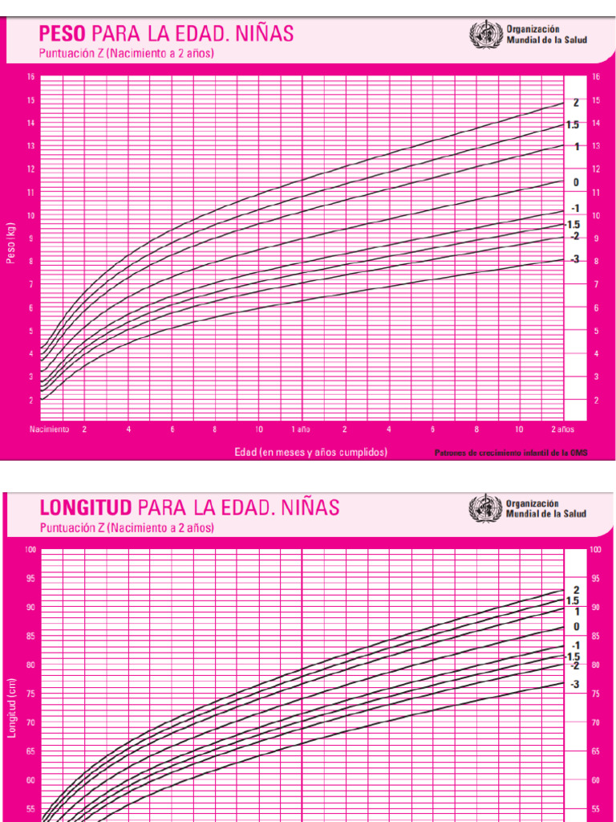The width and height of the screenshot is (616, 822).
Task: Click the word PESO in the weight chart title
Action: (63, 34)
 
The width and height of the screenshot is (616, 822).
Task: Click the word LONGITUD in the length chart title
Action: (87, 507)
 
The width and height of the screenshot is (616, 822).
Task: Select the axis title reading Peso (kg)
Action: (11, 242)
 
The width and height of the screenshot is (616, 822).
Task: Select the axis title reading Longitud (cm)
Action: (11, 698)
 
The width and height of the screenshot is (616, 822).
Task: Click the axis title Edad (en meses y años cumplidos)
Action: (310, 452)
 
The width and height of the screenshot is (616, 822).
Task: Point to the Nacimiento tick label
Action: (49, 429)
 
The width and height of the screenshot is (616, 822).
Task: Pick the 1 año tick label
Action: (301, 429)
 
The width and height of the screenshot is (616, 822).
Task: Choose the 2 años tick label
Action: (562, 429)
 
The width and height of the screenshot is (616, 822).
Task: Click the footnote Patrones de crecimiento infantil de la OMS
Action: (511, 453)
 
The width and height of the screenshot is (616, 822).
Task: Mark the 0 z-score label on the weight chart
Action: (575, 183)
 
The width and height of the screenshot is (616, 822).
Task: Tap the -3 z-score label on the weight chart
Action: (574, 259)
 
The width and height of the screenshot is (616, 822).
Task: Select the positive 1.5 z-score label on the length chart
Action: (573, 600)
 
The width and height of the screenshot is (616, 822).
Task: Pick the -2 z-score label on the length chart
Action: (574, 665)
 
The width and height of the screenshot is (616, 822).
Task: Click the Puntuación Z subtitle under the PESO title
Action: (126, 54)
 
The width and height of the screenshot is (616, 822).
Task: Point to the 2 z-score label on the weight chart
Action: (575, 103)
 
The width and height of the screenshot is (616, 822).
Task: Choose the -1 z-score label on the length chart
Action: (574, 645)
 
